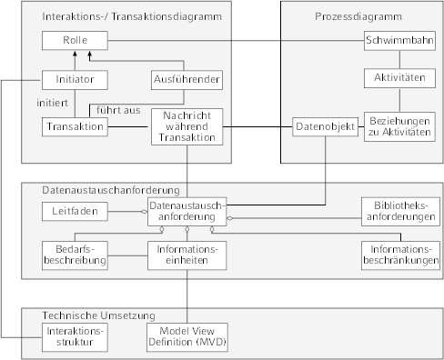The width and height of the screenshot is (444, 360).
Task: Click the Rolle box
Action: point(74,41)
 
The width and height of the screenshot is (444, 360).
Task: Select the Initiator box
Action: point(74,79)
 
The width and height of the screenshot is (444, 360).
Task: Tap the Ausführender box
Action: point(186,79)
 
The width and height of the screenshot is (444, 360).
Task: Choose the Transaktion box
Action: point(74,126)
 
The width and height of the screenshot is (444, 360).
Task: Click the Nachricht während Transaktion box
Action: point(187,126)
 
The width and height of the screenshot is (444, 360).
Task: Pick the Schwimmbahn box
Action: point(399,41)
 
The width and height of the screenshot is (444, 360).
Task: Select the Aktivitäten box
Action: point(399,79)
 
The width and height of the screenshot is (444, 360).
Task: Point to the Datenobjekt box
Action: point(318,126)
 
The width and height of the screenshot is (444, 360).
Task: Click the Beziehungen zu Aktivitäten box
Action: point(399,126)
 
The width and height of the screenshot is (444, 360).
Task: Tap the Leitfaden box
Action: point(74,211)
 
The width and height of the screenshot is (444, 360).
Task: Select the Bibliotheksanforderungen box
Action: point(399,211)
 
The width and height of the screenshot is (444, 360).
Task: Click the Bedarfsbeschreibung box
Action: point(74,255)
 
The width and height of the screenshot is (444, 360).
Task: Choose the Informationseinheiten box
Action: point(186,255)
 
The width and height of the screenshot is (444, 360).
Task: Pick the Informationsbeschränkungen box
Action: point(399,255)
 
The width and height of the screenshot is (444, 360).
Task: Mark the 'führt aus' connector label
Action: point(118,110)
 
